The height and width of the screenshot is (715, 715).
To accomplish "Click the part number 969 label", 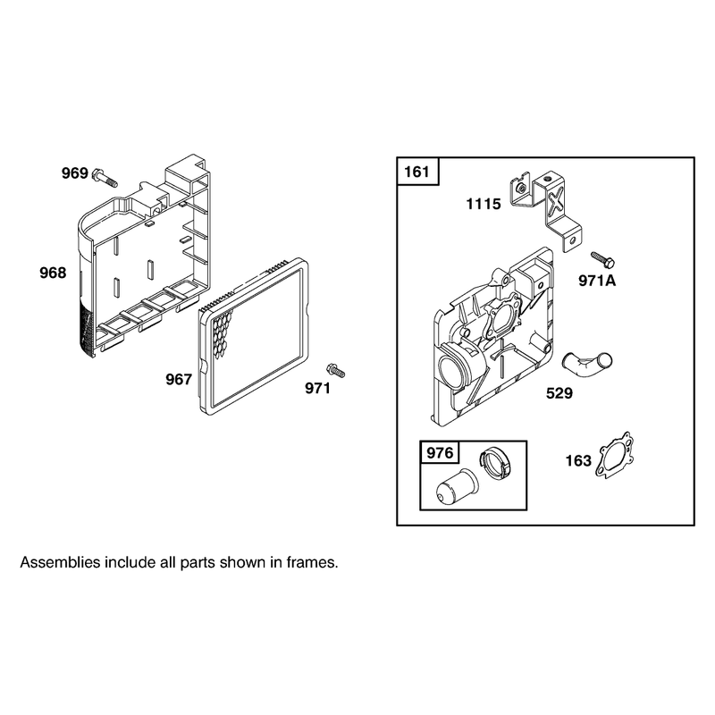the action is pos(75,173).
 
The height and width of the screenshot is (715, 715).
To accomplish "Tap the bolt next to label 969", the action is pos(105,177).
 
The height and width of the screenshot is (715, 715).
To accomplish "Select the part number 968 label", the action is pos(53,273).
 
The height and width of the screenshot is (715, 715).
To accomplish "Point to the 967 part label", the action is pos(179,379).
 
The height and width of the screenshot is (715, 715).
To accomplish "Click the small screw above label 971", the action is pos(336,370).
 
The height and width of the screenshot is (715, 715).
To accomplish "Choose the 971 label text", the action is pos(318,388).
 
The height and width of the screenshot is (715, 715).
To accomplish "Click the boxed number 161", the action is pos(416,172).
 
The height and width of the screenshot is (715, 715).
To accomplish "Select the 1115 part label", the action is pos(484,204).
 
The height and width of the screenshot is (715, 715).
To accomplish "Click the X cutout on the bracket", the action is pos(555,201).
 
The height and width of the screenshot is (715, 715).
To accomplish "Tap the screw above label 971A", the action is pos(602,260).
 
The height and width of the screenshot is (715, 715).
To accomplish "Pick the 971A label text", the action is pos(597,281).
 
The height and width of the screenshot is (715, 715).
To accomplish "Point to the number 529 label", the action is pos(559,393).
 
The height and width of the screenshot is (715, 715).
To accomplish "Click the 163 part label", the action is pos(578,460).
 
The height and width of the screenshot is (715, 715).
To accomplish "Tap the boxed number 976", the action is pos(440,453).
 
